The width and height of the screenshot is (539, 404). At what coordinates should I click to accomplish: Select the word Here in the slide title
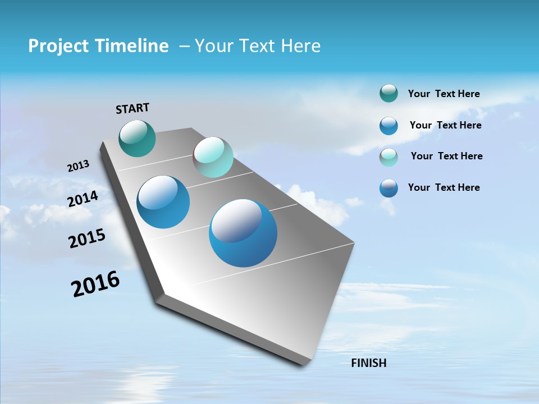point(300,46)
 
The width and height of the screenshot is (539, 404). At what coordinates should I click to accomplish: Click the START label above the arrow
point(133,108)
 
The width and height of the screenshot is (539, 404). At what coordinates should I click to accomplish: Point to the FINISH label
point(369,363)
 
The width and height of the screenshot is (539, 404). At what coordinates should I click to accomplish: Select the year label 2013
point(78,166)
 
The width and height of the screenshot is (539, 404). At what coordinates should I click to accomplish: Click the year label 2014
point(83,199)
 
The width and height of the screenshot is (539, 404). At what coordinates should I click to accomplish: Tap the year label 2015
point(86,239)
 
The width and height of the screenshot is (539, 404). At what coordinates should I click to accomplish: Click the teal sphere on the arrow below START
point(137,138)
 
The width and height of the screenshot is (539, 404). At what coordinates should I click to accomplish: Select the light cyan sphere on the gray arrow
point(213,157)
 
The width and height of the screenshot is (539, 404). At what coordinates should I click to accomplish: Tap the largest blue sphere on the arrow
point(243,232)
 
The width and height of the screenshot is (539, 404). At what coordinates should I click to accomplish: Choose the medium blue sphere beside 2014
point(163,202)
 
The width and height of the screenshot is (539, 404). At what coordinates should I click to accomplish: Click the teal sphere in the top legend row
point(389,94)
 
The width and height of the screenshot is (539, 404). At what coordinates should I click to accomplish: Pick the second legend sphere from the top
point(389,126)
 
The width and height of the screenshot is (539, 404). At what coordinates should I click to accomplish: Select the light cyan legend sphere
point(389,157)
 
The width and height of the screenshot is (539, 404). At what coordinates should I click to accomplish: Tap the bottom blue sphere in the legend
point(389,188)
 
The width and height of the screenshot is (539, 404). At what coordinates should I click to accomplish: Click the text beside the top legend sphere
point(444,94)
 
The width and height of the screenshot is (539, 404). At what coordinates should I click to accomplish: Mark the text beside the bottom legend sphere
point(444,187)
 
